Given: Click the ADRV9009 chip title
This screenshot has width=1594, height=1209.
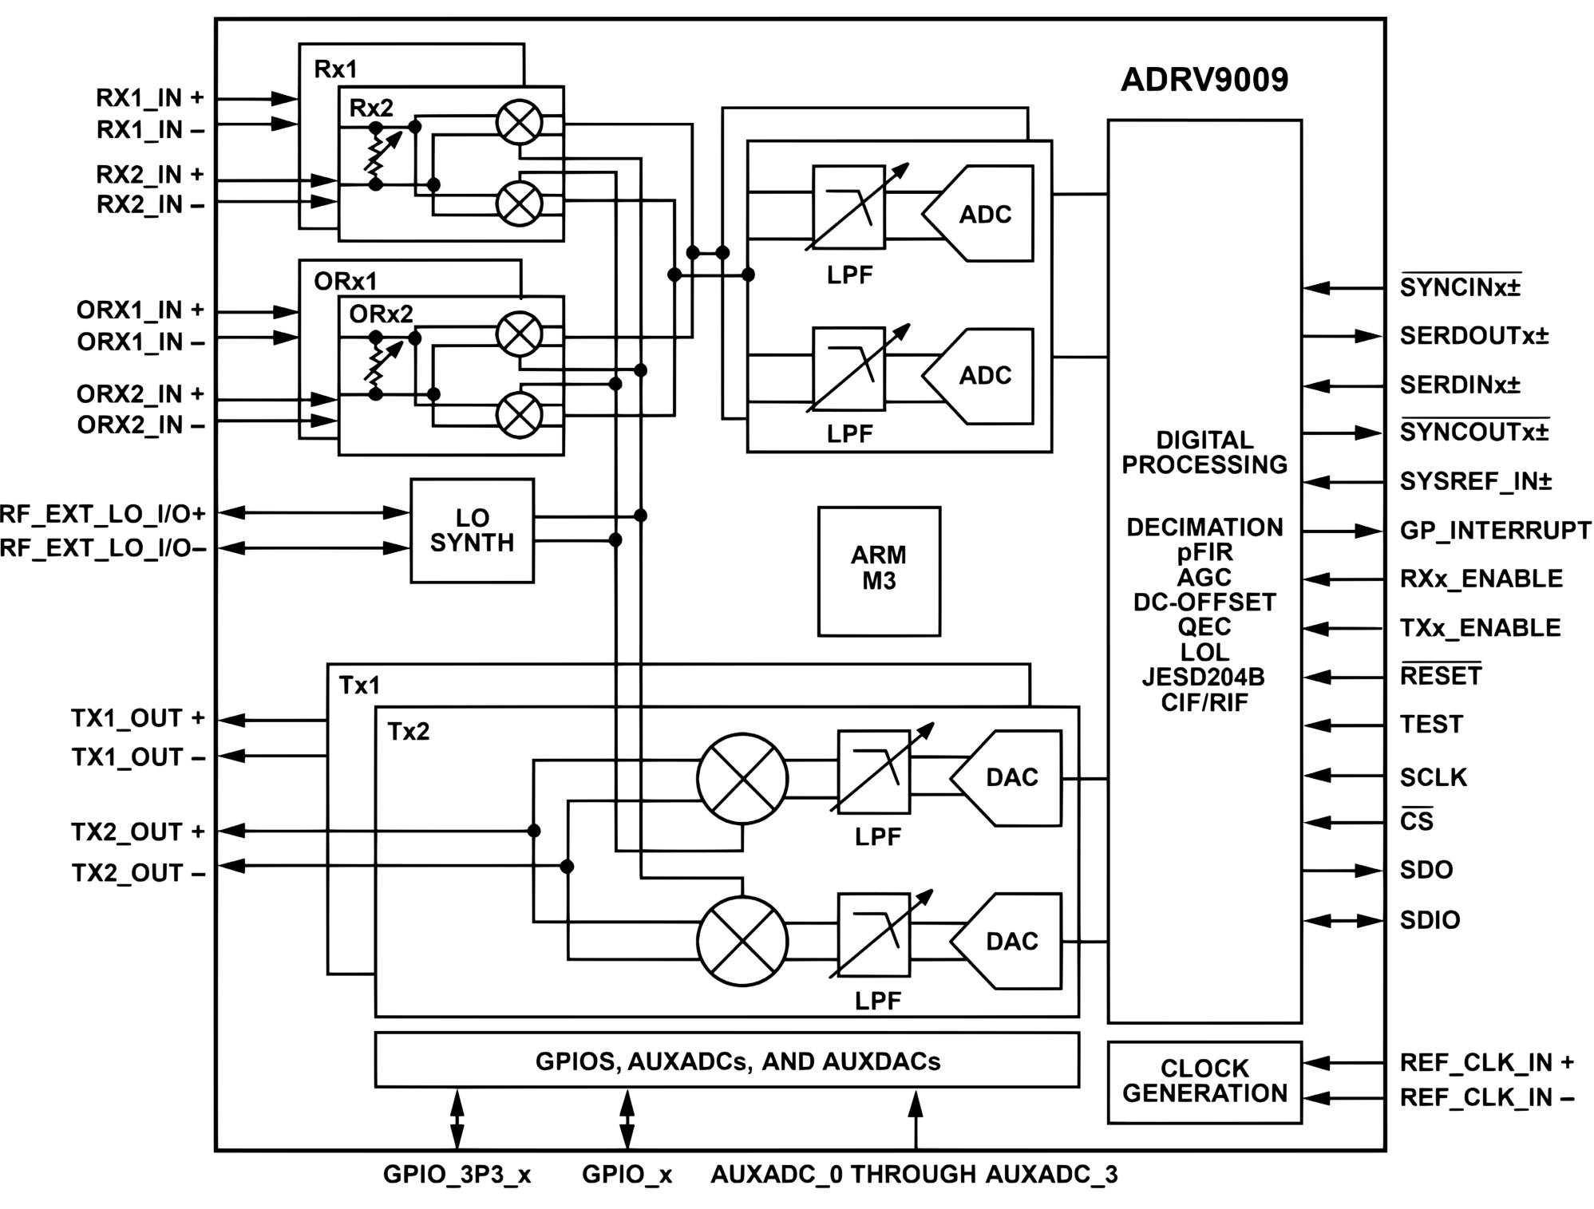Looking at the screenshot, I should coord(1204,80).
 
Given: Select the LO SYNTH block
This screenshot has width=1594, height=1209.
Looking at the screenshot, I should coord(472,531).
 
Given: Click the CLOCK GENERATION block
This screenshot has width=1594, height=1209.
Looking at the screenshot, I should coord(1204,1081).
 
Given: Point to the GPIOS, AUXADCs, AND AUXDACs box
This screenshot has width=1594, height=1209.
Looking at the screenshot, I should coord(726,1061).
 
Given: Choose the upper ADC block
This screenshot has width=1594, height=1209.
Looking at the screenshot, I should coord(984,214).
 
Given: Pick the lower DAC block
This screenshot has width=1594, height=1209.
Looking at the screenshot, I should coord(1011,941).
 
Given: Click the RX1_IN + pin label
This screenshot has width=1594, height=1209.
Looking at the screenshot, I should coord(150,98).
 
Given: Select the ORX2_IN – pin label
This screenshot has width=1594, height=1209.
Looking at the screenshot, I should coord(140,425).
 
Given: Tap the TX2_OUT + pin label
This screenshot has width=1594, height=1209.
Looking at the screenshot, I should coord(138,832).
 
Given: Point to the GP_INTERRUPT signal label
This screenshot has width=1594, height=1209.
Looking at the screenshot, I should coord(1495,531).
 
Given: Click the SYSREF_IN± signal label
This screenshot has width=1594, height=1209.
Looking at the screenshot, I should coord(1475,481).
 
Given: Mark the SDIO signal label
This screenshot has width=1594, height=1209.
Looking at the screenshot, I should coord(1430,920).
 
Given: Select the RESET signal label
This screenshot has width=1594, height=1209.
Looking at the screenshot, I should coord(1440,676).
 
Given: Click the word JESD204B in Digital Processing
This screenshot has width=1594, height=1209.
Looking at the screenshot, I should coord(1203,678).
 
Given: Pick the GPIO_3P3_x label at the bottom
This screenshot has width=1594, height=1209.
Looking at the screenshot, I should coord(457,1174).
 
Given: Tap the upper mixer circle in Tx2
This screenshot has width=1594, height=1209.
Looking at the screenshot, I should coord(742,779).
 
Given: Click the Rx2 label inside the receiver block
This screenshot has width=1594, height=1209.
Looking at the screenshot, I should coord(371,108).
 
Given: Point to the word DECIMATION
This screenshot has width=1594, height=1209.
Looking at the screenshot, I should coord(1204,527).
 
